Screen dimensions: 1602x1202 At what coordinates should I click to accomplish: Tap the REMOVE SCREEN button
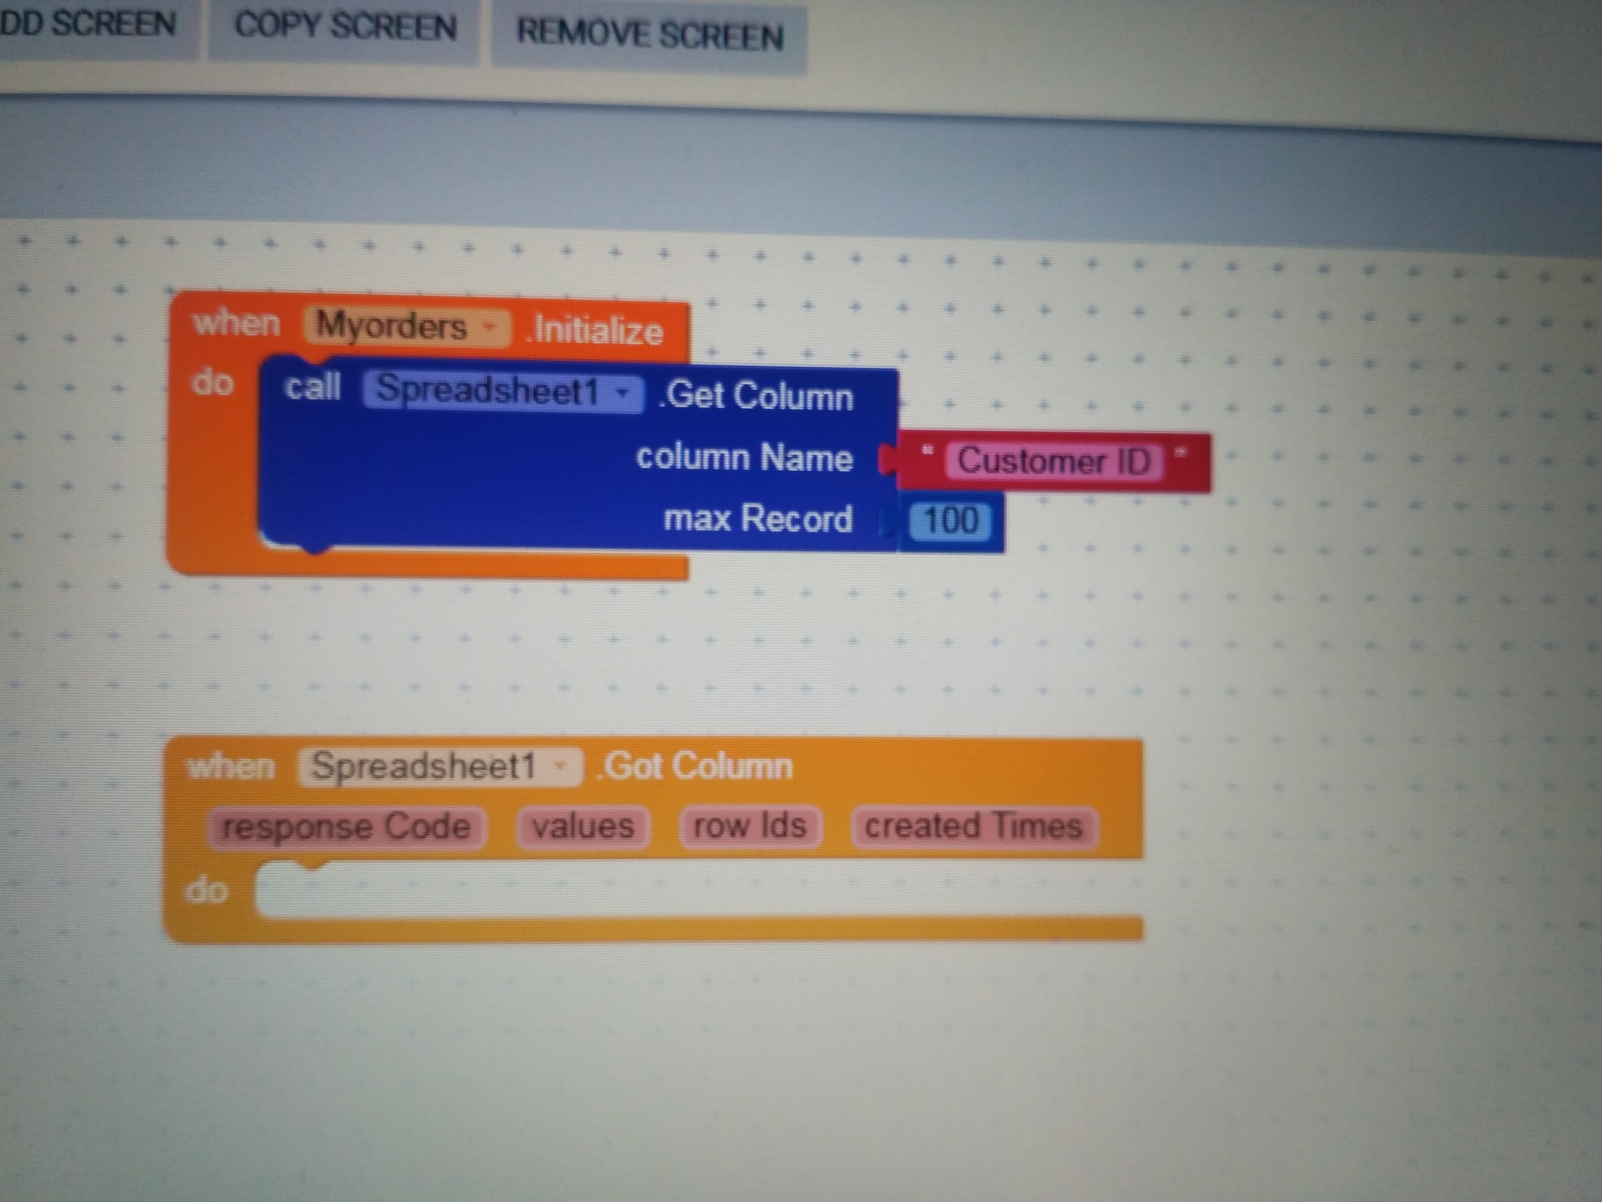coord(650,35)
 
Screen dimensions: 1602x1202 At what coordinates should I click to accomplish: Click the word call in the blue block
coord(312,386)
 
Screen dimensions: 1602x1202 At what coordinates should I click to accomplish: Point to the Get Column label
coord(757,396)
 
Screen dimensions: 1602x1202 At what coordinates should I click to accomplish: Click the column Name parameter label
coord(744,458)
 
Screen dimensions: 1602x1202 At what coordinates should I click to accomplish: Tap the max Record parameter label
coord(758,519)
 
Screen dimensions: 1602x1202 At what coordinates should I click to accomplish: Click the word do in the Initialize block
coord(212,382)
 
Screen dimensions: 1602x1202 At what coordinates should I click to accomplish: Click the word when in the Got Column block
coord(231,766)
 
